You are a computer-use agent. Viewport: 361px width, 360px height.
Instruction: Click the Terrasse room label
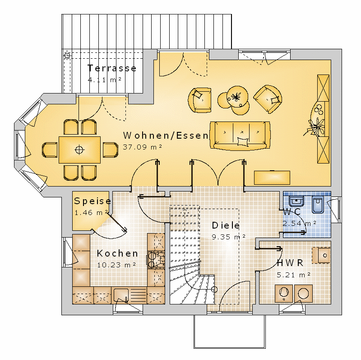[112, 68]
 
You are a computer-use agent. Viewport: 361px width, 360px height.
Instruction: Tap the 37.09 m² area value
[142, 147]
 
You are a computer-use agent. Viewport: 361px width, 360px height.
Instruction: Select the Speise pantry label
[93, 201]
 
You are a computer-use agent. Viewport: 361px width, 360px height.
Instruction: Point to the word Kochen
[117, 253]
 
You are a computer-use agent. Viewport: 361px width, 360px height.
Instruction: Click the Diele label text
[226, 225]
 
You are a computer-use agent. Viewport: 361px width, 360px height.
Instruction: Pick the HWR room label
[290, 263]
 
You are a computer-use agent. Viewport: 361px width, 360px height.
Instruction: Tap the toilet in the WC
[318, 204]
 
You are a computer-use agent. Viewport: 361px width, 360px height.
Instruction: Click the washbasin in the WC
[296, 201]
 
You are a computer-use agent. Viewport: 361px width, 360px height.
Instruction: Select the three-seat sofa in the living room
[240, 136]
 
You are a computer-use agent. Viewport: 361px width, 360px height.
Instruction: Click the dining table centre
[79, 150]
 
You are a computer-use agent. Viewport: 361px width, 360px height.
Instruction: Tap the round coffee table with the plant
[237, 97]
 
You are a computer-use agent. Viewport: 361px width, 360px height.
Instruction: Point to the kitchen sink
[121, 295]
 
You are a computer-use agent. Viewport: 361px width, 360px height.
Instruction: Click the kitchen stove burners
[156, 260]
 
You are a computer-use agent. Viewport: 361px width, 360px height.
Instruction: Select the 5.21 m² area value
[294, 275]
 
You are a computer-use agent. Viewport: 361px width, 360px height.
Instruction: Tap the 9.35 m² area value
[229, 237]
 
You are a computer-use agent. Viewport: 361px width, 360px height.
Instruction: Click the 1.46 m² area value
[91, 212]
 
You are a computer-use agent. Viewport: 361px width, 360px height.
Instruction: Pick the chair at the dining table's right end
[111, 150]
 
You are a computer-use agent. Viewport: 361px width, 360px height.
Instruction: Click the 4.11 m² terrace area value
[104, 80]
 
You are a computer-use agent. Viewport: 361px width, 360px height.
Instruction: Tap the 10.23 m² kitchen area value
[116, 265]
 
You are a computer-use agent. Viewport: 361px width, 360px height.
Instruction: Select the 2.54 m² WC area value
[299, 223]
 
